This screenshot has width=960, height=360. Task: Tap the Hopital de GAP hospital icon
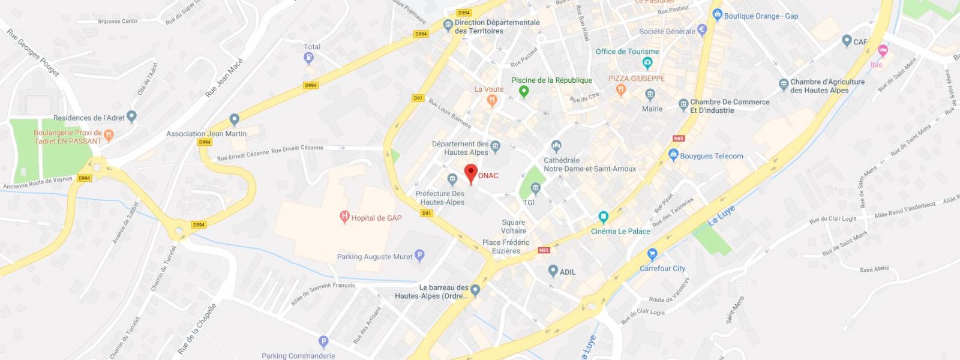[x=344, y=217]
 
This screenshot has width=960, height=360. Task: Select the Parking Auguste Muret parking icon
[x=420, y=256]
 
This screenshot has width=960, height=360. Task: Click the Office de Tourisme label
[x=627, y=52]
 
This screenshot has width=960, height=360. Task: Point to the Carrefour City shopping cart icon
[x=652, y=254]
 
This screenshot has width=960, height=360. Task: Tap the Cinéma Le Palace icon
[x=604, y=217]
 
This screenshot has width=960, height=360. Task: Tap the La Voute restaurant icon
[x=492, y=101]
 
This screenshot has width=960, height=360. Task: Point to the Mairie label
[x=652, y=109]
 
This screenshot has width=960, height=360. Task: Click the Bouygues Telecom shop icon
[x=673, y=156]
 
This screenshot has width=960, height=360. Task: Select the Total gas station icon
[x=308, y=58]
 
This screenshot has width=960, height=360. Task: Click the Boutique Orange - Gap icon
[x=716, y=14]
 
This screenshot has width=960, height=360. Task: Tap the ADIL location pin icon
[x=553, y=271]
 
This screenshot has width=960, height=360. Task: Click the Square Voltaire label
[x=514, y=226]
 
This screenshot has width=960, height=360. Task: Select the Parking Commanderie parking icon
[x=324, y=343]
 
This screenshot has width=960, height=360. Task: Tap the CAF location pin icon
[x=847, y=41]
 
